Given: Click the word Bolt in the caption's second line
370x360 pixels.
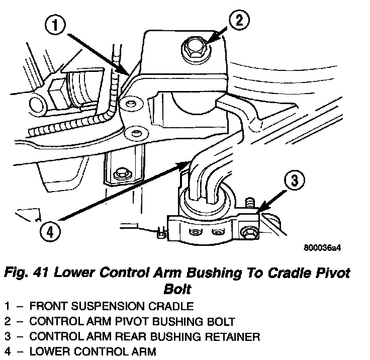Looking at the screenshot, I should [178, 291].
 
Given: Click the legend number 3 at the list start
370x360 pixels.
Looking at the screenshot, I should [7, 336].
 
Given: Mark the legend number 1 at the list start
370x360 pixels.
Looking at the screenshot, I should [7, 306].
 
